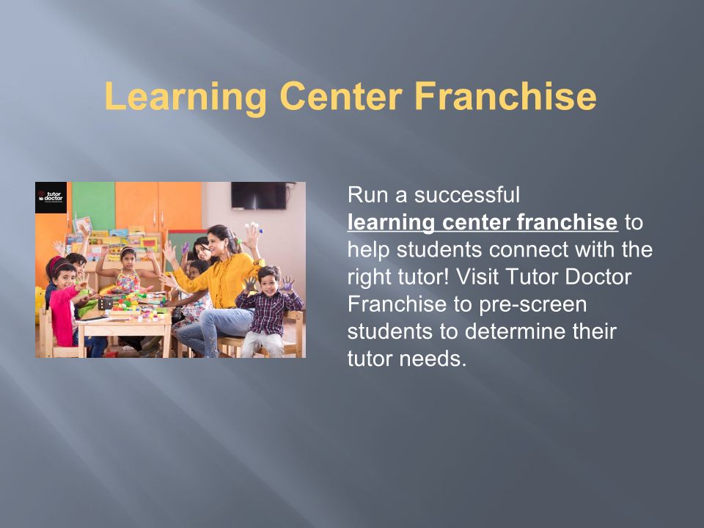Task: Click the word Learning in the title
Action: point(186,97)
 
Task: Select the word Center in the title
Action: point(340,96)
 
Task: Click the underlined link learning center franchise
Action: point(483,223)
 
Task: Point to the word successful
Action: point(467,195)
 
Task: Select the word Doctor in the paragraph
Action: point(598,276)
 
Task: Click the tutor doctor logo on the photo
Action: point(51,197)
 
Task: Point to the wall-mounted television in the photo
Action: point(259,196)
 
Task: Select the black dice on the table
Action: point(105,303)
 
